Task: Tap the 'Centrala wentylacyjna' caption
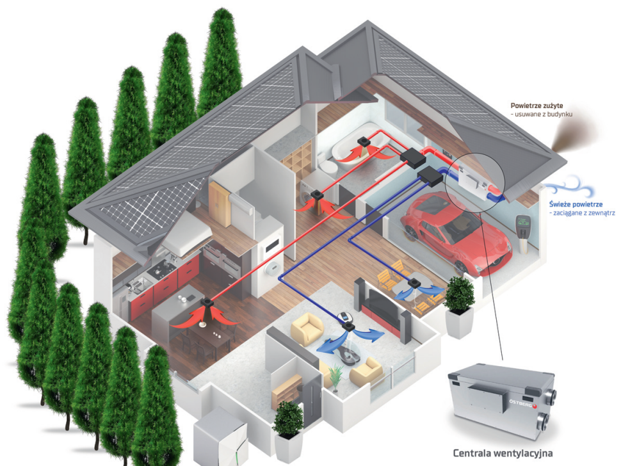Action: (501, 454)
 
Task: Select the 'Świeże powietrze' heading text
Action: (574, 204)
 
